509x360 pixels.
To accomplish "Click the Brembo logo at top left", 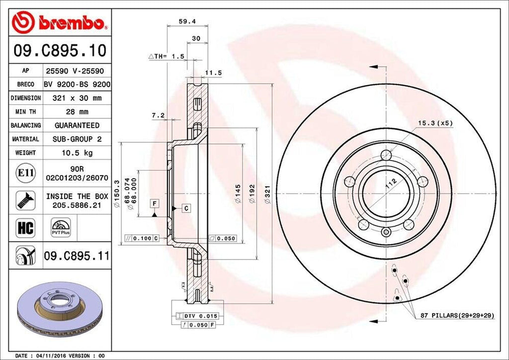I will tap(60, 22).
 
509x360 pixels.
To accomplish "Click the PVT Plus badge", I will tap(61, 227).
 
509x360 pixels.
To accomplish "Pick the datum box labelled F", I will tap(155, 203).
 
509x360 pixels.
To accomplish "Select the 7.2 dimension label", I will tap(158, 115).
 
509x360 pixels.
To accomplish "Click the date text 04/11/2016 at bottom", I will tap(52, 356).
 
